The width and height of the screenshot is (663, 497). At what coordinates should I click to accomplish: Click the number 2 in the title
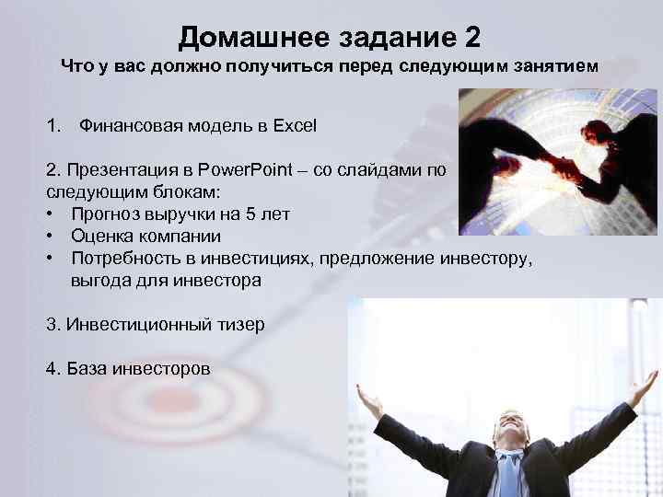(x=467, y=38)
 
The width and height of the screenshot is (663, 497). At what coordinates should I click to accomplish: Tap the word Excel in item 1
(x=295, y=124)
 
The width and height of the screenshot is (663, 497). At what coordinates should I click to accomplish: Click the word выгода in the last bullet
(x=99, y=281)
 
